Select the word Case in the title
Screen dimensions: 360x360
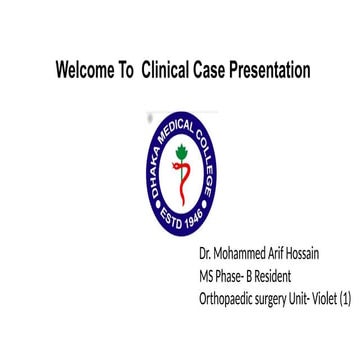(x=218, y=70)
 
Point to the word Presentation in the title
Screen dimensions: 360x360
(x=273, y=70)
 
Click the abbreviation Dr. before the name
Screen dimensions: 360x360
(x=205, y=254)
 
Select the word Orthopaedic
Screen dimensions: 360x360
(x=229, y=297)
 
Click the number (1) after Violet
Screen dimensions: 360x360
(x=345, y=296)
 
